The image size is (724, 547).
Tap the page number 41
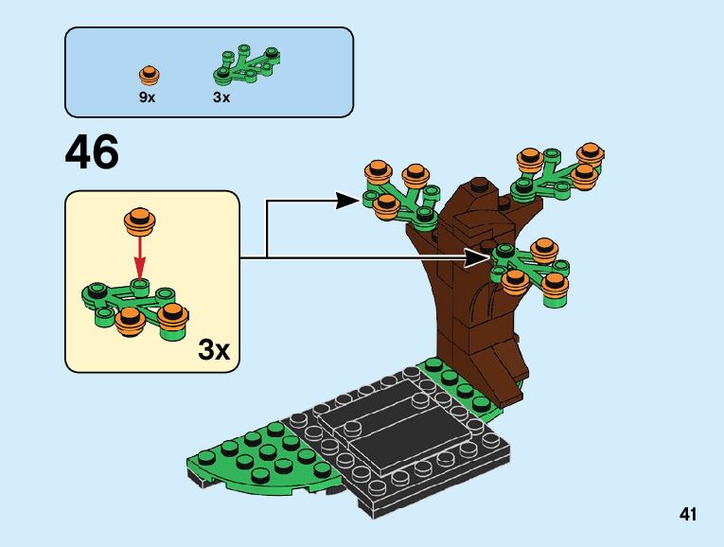[x=687, y=515]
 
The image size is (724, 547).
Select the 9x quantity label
[x=147, y=97]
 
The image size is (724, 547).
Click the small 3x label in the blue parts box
[x=221, y=97]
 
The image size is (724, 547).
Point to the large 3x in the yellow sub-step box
[x=214, y=350]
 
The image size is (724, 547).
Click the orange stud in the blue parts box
[x=148, y=75]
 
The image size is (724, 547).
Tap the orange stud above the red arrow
[x=139, y=221]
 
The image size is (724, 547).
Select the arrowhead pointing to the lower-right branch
[x=484, y=256]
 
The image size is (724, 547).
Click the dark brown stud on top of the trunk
[x=480, y=183]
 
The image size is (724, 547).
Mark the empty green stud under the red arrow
[x=140, y=284]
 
